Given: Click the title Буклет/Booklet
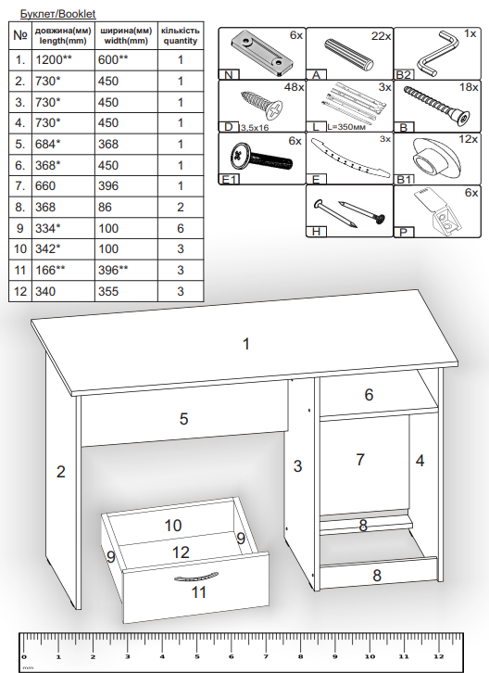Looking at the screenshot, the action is click(x=58, y=14).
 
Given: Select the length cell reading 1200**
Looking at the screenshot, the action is click(x=54, y=59).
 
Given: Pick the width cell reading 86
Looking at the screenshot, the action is click(x=105, y=208).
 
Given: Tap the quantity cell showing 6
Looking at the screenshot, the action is click(x=181, y=228).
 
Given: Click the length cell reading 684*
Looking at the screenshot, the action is click(x=47, y=145).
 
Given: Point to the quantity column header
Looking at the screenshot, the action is click(x=181, y=35).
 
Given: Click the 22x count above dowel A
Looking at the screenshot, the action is click(x=381, y=36).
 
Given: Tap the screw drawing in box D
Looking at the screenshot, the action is click(x=262, y=105).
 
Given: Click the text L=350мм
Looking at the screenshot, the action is click(x=346, y=127).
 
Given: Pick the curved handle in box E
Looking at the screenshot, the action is click(x=350, y=158).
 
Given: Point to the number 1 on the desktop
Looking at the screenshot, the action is click(x=246, y=344).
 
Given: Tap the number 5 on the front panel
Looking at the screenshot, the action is click(x=183, y=419).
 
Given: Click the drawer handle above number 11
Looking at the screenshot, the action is click(x=196, y=577).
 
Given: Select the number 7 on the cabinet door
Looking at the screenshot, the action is click(x=360, y=460).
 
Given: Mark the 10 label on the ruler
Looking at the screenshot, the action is click(x=370, y=656).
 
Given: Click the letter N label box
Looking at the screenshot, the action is click(x=229, y=75).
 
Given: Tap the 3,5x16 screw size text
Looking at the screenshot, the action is click(x=255, y=128).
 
